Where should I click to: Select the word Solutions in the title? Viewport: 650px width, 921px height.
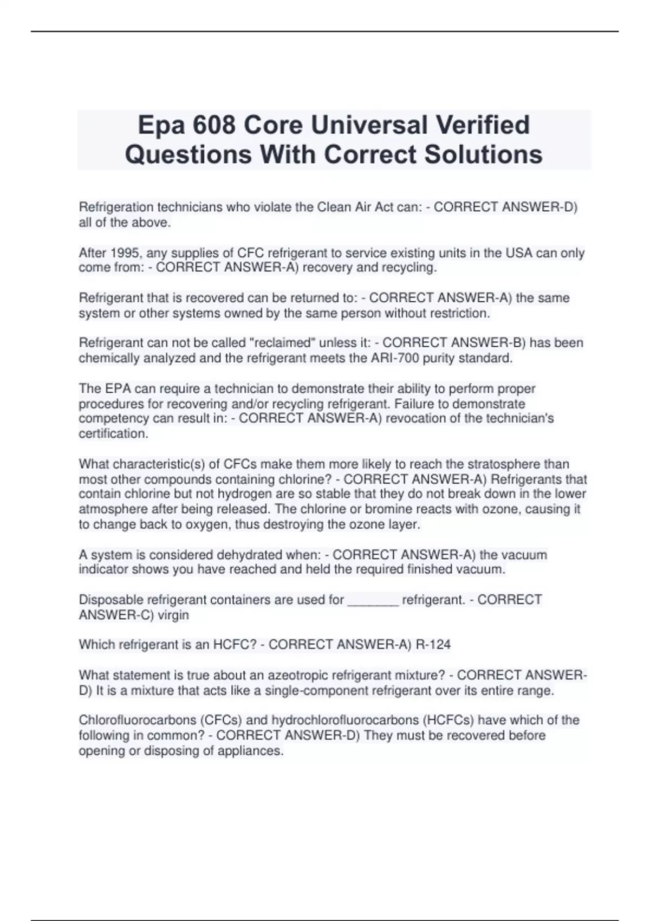tap(483, 154)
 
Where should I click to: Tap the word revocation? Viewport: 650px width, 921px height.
tap(419, 418)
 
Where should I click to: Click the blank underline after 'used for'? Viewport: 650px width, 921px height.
tap(373, 600)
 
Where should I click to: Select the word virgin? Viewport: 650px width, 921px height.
tap(173, 615)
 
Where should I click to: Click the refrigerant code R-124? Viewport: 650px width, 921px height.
tap(433, 645)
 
